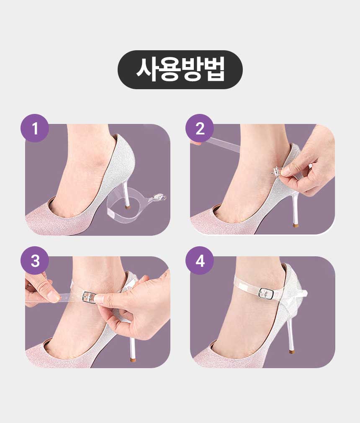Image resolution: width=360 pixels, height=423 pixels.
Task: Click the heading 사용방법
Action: [180, 70]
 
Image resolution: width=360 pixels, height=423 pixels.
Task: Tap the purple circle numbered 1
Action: [35, 128]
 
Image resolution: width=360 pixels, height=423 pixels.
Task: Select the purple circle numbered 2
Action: [200, 128]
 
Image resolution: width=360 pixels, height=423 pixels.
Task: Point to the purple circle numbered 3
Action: [35, 261]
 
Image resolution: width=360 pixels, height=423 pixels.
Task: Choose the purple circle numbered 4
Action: [200, 261]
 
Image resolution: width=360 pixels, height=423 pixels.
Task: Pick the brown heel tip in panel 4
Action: [291, 351]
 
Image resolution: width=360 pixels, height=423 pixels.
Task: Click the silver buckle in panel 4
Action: [267, 294]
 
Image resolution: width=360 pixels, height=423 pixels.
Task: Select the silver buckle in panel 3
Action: [89, 298]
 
